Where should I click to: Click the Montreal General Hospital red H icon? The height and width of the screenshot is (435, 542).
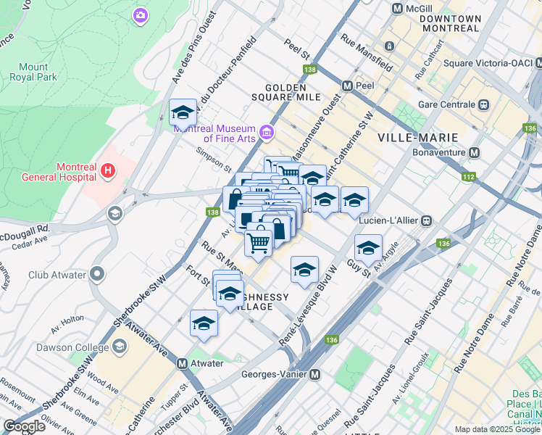pyautogui.click(x=107, y=171)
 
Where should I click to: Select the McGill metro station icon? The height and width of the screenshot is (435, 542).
pyautogui.click(x=397, y=9)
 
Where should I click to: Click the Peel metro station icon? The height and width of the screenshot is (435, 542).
pyautogui.click(x=347, y=86)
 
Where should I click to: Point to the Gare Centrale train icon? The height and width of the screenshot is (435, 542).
pyautogui.click(x=483, y=104)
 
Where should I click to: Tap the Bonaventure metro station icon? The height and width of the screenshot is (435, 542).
pyautogui.click(x=475, y=153)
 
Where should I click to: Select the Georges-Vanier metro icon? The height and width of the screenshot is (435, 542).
pyautogui.click(x=315, y=375)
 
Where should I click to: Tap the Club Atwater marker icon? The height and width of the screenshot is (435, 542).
pyautogui.click(x=98, y=275)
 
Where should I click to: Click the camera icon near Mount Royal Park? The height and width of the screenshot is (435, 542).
pyautogui.click(x=141, y=14)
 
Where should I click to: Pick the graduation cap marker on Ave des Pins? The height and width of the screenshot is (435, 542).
pyautogui.click(x=183, y=113)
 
